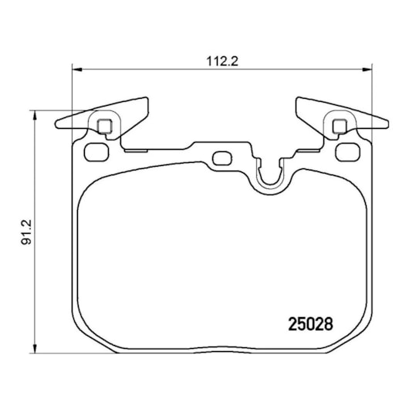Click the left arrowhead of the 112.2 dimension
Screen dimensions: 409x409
[75, 70]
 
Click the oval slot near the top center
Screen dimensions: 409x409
[223, 159]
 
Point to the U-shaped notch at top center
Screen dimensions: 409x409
[270, 174]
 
